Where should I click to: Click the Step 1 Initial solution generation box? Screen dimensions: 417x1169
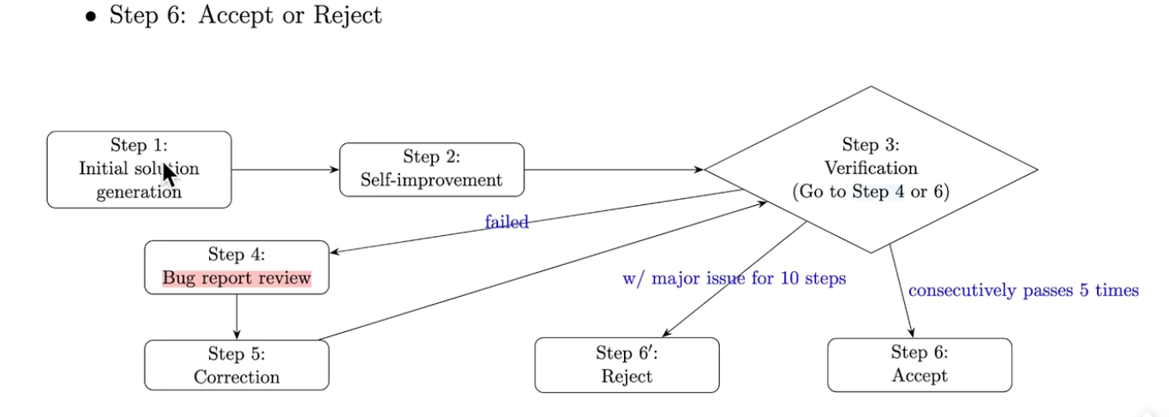(x=139, y=169)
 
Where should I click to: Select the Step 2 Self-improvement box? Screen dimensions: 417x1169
(x=431, y=169)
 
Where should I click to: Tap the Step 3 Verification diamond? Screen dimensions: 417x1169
(x=871, y=169)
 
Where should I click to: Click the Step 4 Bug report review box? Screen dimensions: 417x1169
(x=237, y=267)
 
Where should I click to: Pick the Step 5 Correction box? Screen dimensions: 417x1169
(x=237, y=365)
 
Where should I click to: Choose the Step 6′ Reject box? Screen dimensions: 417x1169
(x=626, y=365)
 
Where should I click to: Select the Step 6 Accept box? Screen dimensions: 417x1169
(x=920, y=365)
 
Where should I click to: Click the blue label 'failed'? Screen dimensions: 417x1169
(x=507, y=223)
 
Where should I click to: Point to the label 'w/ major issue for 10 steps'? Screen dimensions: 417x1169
(x=734, y=279)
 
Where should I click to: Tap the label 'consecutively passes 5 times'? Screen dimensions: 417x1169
(x=1023, y=291)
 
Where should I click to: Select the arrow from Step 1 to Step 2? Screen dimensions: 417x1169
(x=285, y=169)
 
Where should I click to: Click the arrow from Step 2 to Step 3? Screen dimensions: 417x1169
(x=614, y=169)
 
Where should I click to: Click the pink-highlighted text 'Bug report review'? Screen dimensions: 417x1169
(x=237, y=278)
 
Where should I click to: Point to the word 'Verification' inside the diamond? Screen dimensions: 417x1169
(x=871, y=168)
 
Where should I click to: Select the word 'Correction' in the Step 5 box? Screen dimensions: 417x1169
(x=237, y=377)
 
